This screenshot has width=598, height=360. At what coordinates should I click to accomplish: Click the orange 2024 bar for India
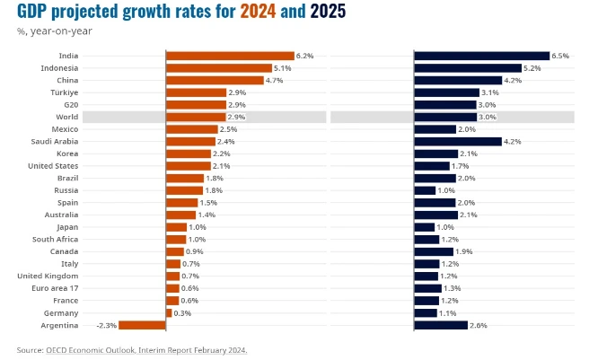(x=230, y=56)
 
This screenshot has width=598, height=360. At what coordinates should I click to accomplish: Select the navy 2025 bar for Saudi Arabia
(x=457, y=141)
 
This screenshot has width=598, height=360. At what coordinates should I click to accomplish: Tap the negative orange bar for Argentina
(x=142, y=325)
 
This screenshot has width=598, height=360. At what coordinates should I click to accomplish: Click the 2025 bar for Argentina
(x=441, y=325)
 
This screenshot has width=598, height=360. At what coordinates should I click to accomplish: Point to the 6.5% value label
(x=560, y=56)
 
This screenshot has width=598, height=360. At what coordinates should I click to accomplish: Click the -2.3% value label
(x=107, y=325)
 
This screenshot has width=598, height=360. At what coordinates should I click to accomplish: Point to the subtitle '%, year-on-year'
(x=54, y=31)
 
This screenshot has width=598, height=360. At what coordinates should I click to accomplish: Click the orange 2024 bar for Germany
(x=169, y=312)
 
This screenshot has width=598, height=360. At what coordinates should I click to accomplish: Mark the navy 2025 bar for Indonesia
(x=468, y=68)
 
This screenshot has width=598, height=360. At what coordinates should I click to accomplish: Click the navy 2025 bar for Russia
(x=425, y=190)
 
